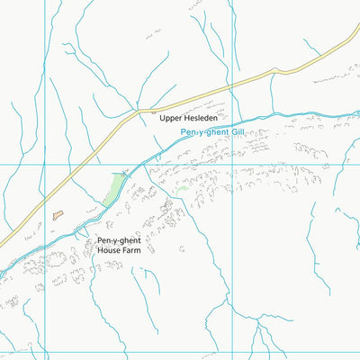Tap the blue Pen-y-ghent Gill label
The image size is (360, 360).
(211, 133)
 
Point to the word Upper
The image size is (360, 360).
(170, 118)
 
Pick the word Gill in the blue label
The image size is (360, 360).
(237, 133)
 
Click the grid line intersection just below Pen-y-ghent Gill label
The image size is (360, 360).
(233, 165)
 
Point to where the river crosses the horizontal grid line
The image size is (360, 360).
(135, 165)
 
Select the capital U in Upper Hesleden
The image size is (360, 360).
(162, 117)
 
